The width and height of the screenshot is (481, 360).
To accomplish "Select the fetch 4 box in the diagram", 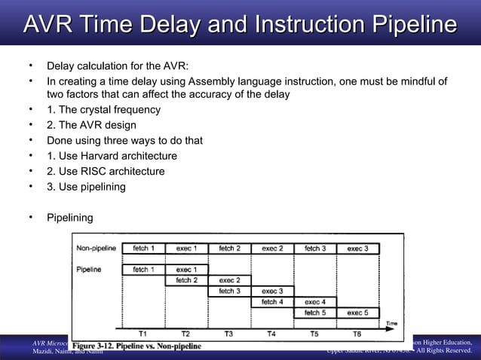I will coord(272,301).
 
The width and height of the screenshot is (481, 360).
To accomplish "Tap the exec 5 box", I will coord(357,312).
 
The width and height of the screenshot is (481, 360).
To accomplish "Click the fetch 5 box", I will coord(315,312).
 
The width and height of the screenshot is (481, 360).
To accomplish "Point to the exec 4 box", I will coord(315,301).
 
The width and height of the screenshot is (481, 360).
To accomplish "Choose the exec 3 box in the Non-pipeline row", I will coord(357,248).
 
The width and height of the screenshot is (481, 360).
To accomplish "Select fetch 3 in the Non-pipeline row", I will coord(315,248).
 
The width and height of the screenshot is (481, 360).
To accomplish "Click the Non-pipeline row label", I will coord(96,248).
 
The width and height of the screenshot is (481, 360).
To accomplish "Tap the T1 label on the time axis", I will coord(142,334).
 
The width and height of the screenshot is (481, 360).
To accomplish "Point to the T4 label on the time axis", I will coord(271,334).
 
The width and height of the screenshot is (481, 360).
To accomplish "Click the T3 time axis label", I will coord(228,334).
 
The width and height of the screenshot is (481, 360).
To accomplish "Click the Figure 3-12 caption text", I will coord(136,346).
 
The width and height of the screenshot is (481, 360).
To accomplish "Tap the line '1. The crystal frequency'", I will coord(103,109).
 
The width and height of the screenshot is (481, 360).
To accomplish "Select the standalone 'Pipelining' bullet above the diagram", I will coord(70,218).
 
